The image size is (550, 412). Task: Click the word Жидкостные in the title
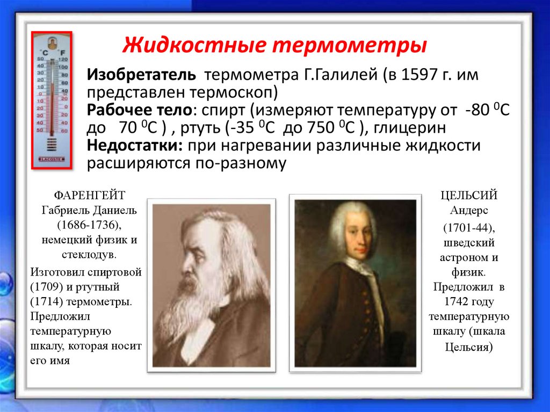tap(194, 45)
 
